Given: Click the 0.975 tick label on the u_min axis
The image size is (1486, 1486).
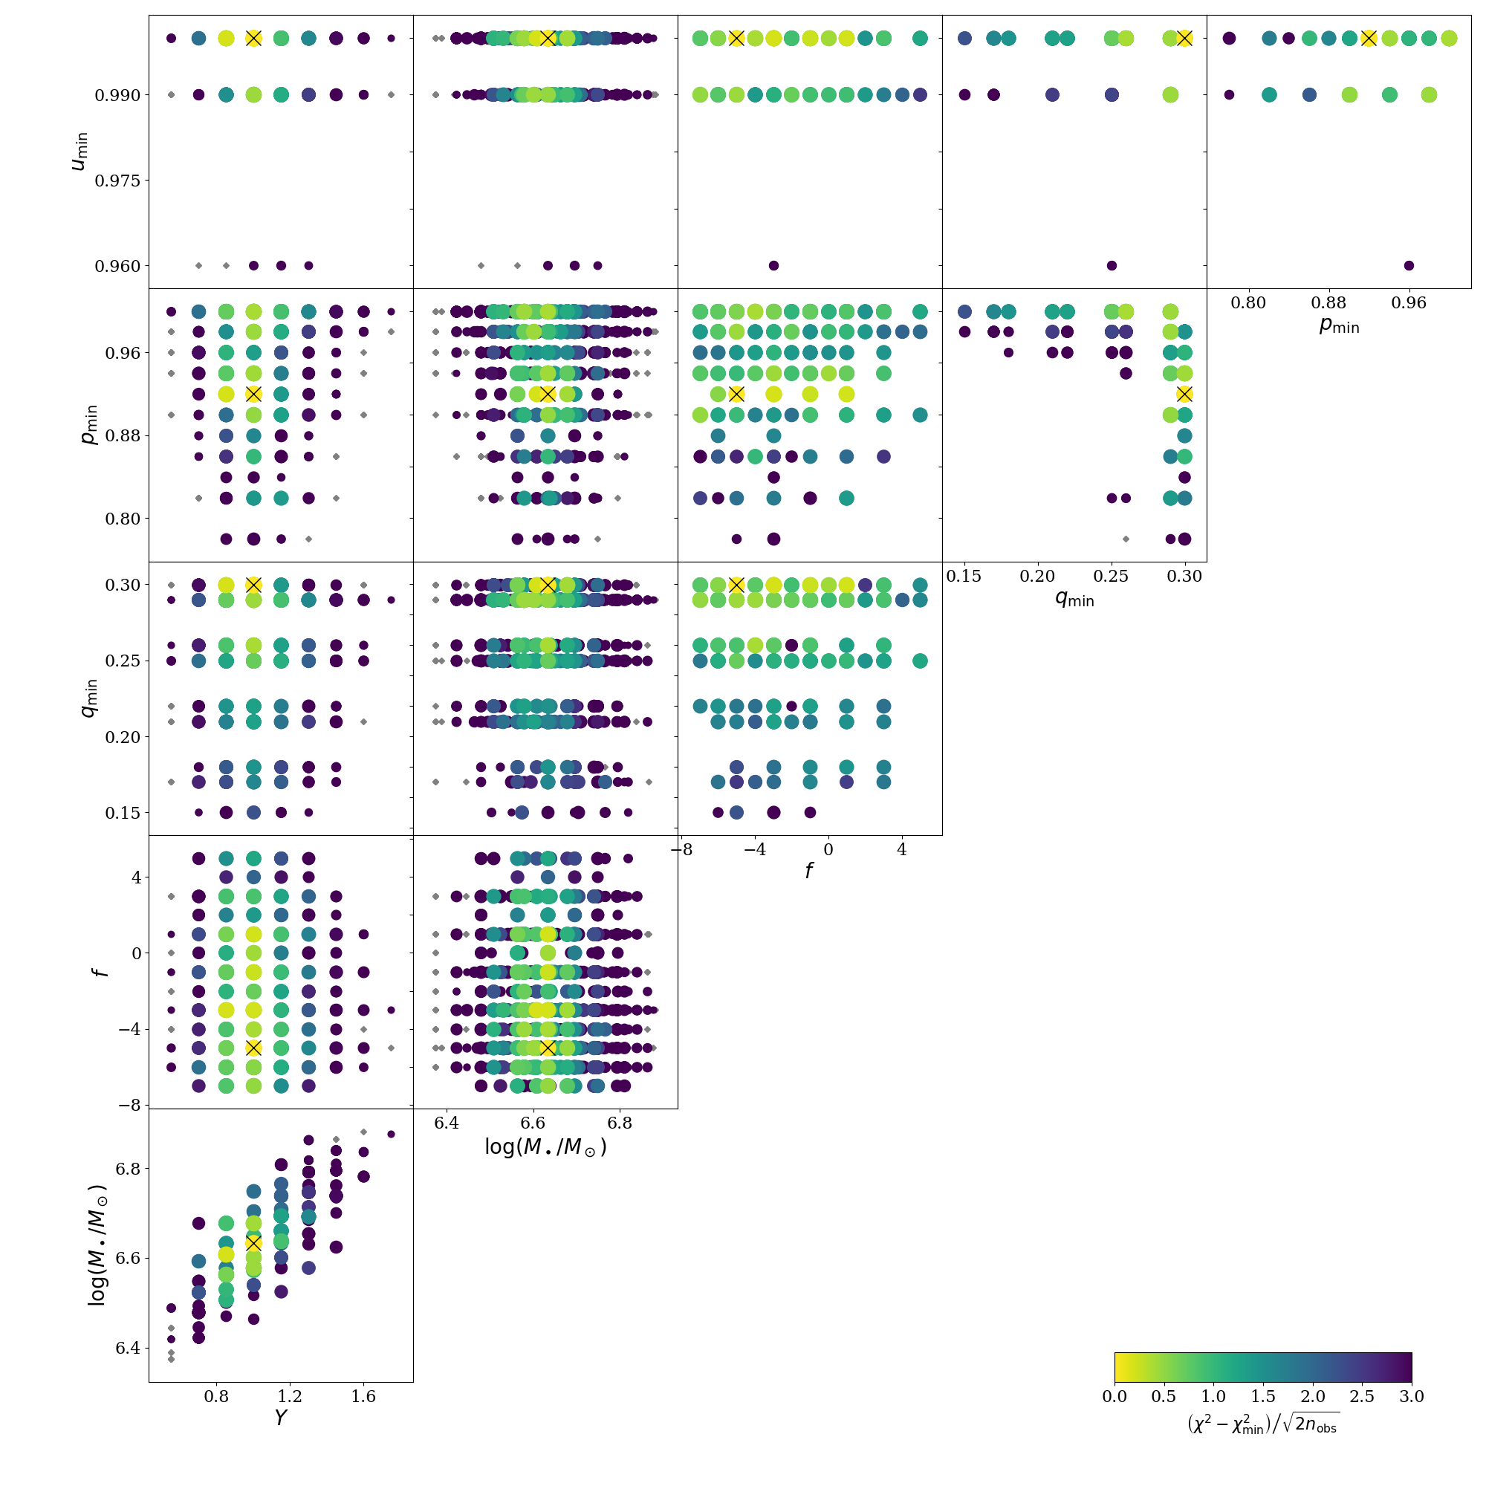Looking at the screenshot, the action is click(x=117, y=181).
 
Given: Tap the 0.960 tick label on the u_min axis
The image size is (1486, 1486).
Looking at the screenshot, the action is click(x=117, y=266).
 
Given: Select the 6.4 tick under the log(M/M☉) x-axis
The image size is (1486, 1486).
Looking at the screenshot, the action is click(x=446, y=1123).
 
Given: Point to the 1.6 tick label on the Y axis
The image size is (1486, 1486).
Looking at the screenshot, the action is click(x=363, y=1396).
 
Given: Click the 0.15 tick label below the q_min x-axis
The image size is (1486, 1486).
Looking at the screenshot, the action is click(x=964, y=576).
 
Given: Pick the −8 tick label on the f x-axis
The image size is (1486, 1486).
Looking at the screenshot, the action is click(x=681, y=850).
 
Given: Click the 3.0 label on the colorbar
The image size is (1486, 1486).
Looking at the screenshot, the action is click(x=1412, y=1397).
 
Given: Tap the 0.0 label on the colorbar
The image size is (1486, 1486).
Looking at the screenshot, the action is click(x=1114, y=1397).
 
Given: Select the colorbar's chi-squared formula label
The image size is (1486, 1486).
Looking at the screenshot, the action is click(x=1262, y=1424).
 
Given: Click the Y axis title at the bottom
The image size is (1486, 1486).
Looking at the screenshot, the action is click(x=281, y=1418).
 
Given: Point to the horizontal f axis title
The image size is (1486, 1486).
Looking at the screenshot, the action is click(x=809, y=872).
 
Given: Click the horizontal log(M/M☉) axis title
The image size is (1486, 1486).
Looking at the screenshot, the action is click(x=545, y=1146).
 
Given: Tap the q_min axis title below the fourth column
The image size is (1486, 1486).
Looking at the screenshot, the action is click(x=1074, y=598).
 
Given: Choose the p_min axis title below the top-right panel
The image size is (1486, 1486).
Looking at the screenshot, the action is click(x=1339, y=326).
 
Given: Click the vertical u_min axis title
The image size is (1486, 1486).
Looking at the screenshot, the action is click(x=80, y=152).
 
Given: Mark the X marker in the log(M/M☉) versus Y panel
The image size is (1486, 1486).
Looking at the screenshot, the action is click(x=253, y=1243).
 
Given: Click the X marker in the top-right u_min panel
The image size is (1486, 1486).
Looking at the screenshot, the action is click(x=1369, y=39).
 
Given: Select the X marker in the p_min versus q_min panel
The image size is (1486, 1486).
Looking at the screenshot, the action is click(x=1184, y=395).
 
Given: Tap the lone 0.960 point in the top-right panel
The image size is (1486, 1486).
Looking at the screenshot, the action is click(x=1409, y=266).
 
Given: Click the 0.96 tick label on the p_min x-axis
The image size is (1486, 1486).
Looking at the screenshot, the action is click(x=1409, y=303).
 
